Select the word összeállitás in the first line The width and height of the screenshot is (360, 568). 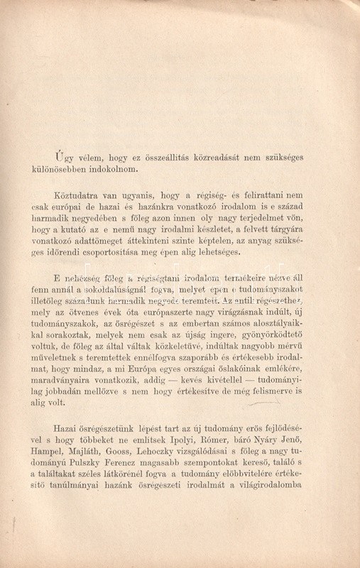[170, 157]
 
